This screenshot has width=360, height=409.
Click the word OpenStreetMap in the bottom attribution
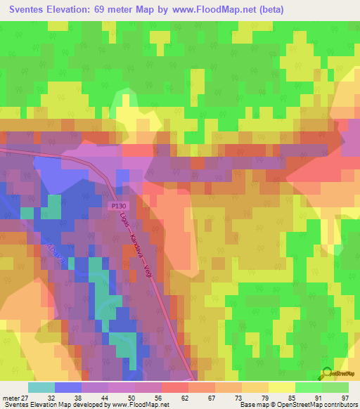(x=299, y=405)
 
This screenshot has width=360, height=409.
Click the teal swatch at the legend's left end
(x=41, y=387)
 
